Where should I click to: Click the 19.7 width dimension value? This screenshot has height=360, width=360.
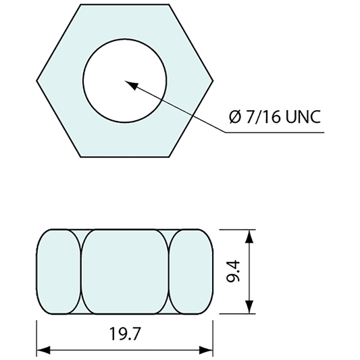click(x=125, y=334)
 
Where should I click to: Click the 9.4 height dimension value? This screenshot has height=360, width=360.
click(x=233, y=271)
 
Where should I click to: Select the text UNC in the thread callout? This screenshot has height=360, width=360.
click(x=303, y=117)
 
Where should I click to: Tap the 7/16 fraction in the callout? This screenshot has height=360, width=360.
click(x=263, y=116)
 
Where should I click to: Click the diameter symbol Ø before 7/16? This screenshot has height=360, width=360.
click(x=235, y=117)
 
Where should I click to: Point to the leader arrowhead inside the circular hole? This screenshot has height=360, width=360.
click(x=132, y=84)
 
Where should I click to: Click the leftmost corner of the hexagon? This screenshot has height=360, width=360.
click(x=36, y=80)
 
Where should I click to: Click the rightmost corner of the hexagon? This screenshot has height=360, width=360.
click(x=213, y=80)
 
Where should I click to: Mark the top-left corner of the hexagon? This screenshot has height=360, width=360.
click(x=81, y=4)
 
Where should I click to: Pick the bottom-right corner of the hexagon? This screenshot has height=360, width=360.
click(x=169, y=157)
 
